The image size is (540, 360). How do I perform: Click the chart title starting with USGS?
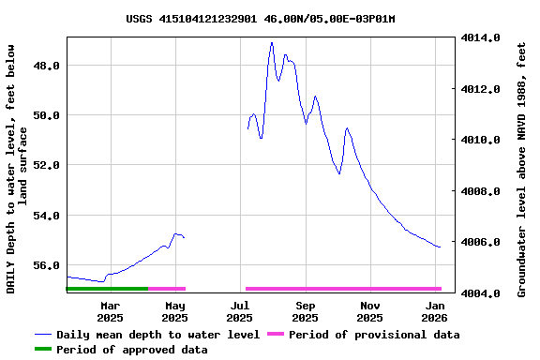pyautogui.click(x=260, y=19)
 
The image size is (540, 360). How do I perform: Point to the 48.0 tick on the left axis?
pyautogui.click(x=48, y=66)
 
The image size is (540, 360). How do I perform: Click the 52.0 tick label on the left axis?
pyautogui.click(x=48, y=165)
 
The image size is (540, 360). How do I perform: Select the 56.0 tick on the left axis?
pyautogui.click(x=48, y=265)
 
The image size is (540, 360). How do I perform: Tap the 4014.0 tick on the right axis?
pyautogui.click(x=480, y=38)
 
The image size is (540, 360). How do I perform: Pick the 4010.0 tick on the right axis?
pyautogui.click(x=480, y=141)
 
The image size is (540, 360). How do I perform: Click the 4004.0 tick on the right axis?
pyautogui.click(x=480, y=293)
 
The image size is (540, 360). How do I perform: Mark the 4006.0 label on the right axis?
pyautogui.click(x=480, y=242)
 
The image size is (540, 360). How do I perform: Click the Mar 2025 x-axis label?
pyautogui.click(x=110, y=311)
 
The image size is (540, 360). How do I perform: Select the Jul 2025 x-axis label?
pyautogui.click(x=240, y=311)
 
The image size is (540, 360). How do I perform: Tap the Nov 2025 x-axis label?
pyautogui.click(x=370, y=311)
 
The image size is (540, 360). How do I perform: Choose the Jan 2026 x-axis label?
pyautogui.click(x=435, y=311)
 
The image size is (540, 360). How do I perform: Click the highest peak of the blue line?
pyautogui.click(x=272, y=42)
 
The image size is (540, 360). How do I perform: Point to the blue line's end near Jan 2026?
pyautogui.click(x=440, y=247)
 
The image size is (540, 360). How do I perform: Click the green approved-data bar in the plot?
pyautogui.click(x=107, y=289)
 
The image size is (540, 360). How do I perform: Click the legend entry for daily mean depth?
pyautogui.click(x=157, y=335)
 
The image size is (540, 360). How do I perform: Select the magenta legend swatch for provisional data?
pyautogui.click(x=275, y=335)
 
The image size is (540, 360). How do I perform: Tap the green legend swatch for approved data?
pyautogui.click(x=43, y=350)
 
